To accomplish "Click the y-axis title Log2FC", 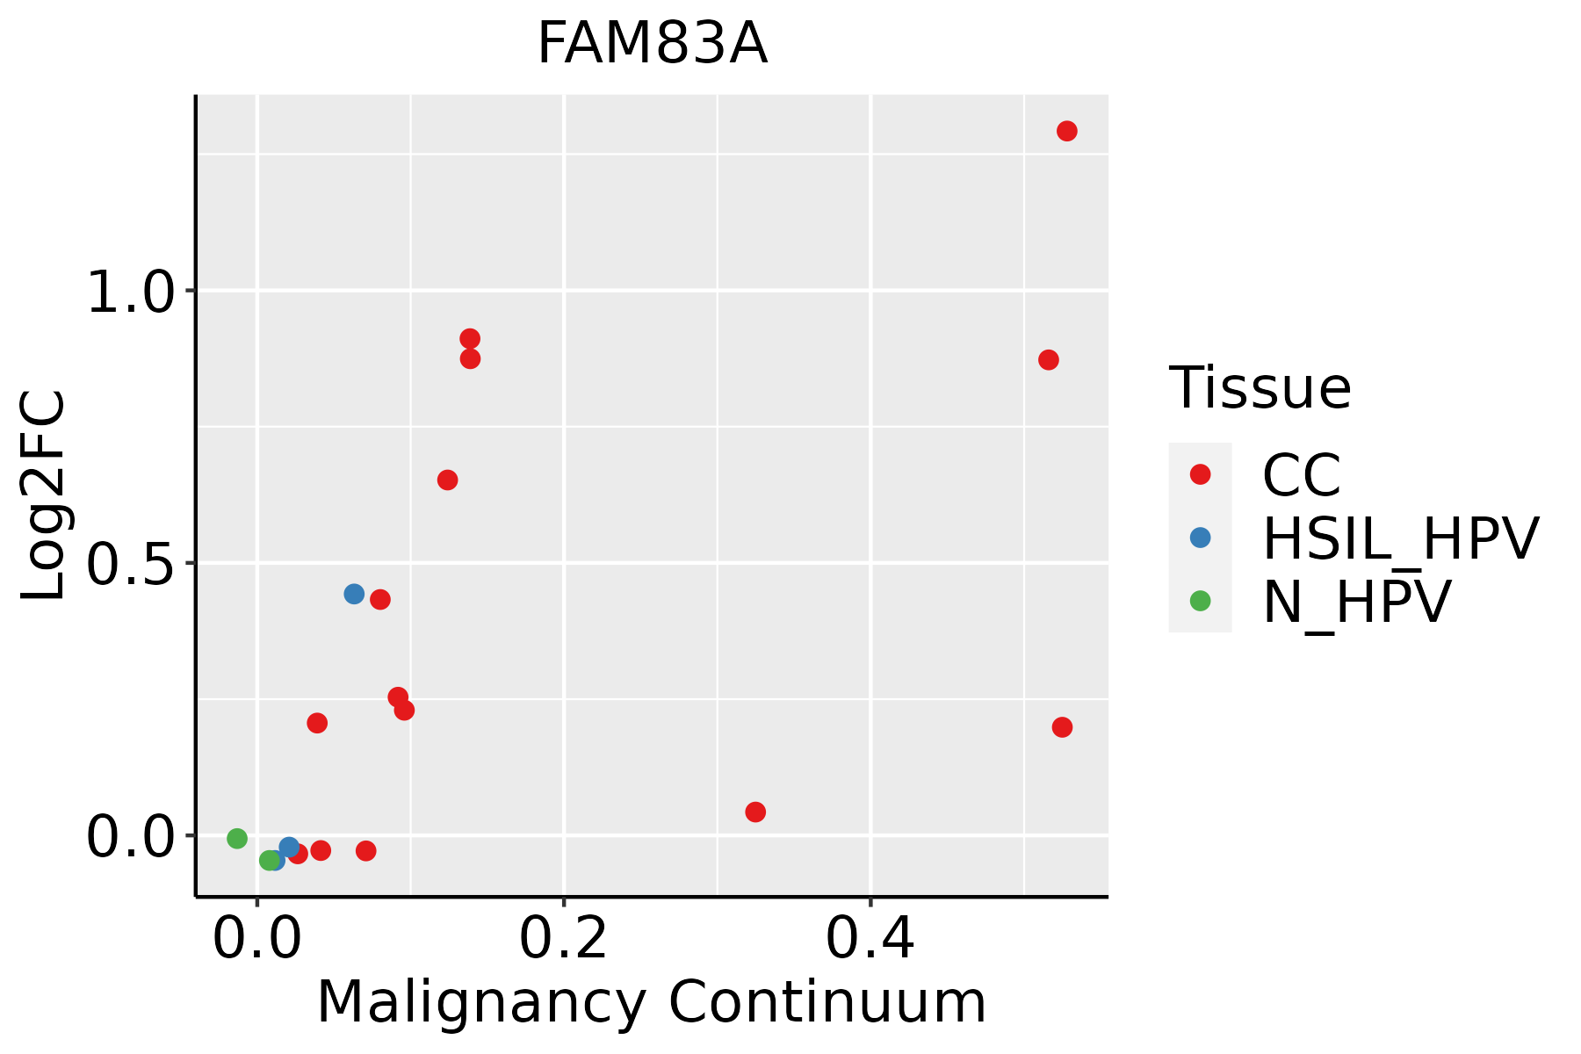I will (x=44, y=495).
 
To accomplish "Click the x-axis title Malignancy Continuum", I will (x=651, y=1001).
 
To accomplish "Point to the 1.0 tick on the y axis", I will (x=132, y=292).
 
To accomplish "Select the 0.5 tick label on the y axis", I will (x=132, y=564).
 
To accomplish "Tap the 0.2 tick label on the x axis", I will (x=563, y=938).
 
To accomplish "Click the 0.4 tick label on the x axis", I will (x=870, y=938).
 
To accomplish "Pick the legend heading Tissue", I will (x=1260, y=387).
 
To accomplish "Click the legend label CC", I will (x=1301, y=475).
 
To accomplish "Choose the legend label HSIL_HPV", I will (x=1400, y=538).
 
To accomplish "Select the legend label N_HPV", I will (x=1356, y=602).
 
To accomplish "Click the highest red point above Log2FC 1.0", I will (x=1067, y=131).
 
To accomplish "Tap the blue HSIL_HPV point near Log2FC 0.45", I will (x=354, y=594).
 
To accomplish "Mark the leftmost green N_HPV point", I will (x=237, y=839).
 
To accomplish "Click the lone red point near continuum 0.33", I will (x=755, y=812).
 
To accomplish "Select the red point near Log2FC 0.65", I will (x=447, y=480).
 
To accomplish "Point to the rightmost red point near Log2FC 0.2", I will (x=1062, y=727).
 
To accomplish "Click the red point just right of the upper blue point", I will (x=380, y=600).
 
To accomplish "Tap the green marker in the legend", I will (x=1200, y=601).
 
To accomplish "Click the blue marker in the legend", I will (x=1200, y=538).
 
